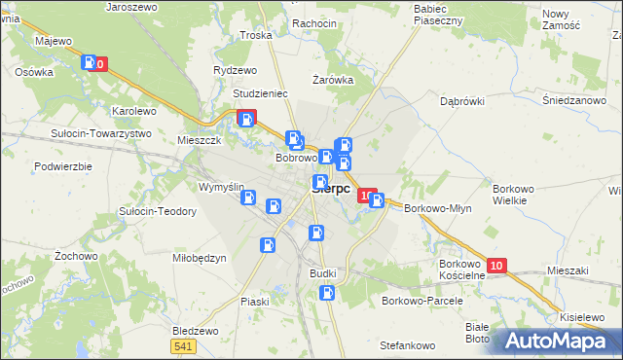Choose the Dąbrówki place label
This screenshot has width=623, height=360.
(x=462, y=100)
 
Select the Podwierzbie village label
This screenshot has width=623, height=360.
(x=62, y=166)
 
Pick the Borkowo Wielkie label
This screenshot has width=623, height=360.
(x=510, y=193)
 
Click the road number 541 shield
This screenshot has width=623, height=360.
(x=181, y=345)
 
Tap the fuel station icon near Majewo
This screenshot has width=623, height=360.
(x=91, y=63)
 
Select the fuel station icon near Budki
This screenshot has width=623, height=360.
(x=329, y=291)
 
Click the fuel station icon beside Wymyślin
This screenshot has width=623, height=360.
(x=249, y=198)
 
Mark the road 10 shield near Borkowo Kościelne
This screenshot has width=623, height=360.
(x=496, y=266)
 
